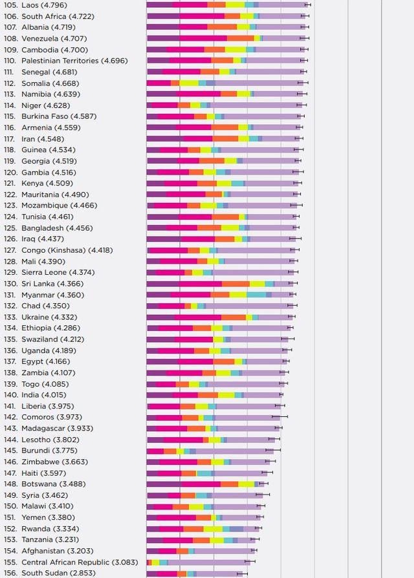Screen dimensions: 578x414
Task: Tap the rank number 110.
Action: click(10, 61)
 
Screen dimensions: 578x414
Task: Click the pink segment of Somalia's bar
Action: click(158, 83)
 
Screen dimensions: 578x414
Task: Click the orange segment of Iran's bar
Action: click(225, 138)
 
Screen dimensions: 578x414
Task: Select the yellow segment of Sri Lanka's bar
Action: click(257, 284)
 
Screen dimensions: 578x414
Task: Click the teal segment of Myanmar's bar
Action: click(256, 295)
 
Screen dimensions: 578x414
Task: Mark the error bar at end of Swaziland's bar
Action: click(288, 339)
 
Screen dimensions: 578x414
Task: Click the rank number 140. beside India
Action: click(10, 395)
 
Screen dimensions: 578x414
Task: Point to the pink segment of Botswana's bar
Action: click(201, 484)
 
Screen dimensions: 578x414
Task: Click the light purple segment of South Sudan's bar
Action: click(220, 573)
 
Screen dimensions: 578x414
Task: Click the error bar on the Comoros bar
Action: click(280, 417)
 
